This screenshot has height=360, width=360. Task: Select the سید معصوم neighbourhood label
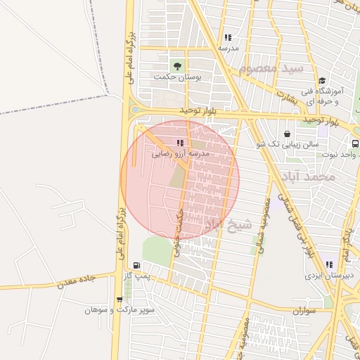pos(271,69)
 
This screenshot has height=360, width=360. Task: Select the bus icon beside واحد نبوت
pos(355,143)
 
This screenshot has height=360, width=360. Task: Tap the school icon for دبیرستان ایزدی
pos(329,265)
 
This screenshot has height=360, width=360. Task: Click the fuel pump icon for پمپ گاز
pos(136,266)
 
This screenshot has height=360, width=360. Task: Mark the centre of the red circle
pos(180,180)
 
